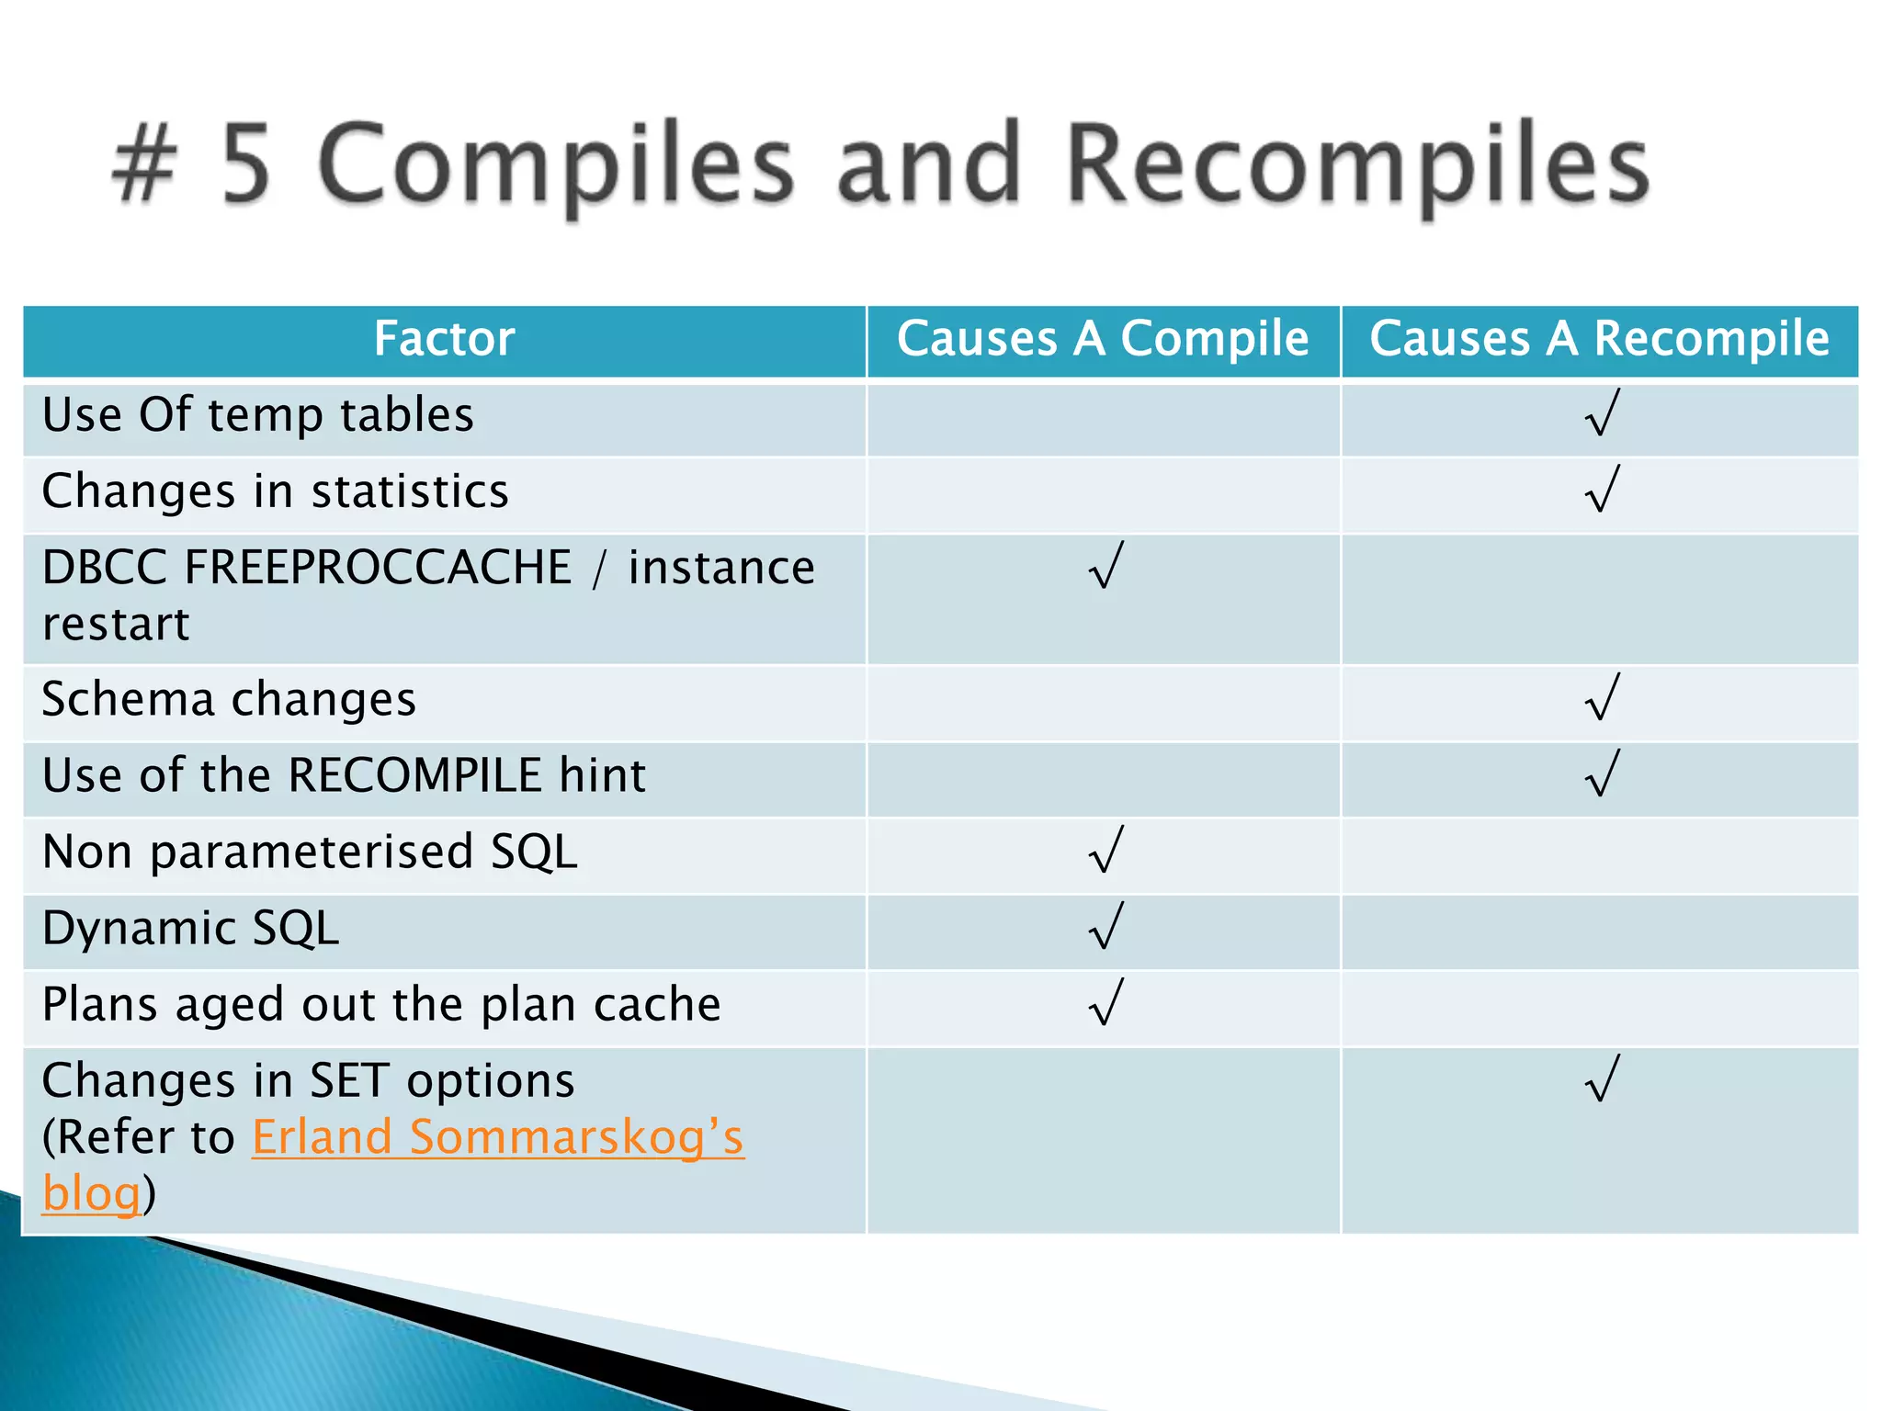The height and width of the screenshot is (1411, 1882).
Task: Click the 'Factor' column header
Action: pyautogui.click(x=444, y=339)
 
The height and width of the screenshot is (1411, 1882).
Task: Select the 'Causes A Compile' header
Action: pyautogui.click(x=1102, y=339)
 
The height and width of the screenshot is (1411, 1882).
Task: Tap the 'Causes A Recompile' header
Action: pyautogui.click(x=1599, y=339)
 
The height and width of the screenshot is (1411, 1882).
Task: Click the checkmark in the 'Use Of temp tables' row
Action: pyautogui.click(x=1602, y=412)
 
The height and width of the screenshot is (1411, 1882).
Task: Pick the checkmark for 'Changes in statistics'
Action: pyautogui.click(x=1602, y=489)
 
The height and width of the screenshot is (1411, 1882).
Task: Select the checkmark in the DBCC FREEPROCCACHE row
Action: pyautogui.click(x=1105, y=565)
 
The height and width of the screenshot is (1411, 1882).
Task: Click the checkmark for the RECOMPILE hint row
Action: pyautogui.click(x=1602, y=773)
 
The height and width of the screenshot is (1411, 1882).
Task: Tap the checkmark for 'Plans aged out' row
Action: pyautogui.click(x=1105, y=1001)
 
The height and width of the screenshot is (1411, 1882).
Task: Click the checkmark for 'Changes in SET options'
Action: pyautogui.click(x=1602, y=1078)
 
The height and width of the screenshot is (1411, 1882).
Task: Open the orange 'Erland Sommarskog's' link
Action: pyautogui.click(x=497, y=1137)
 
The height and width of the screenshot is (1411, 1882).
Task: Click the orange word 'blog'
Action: pyautogui.click(x=91, y=1194)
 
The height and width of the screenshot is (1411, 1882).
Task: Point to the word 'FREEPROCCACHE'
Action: pyautogui.click(x=378, y=567)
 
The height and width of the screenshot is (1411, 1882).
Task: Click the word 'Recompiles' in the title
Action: pyautogui.click(x=1358, y=165)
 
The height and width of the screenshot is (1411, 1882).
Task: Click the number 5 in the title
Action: pyautogui.click(x=246, y=165)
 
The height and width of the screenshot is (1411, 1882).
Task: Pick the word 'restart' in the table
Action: pyautogui.click(x=116, y=625)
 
